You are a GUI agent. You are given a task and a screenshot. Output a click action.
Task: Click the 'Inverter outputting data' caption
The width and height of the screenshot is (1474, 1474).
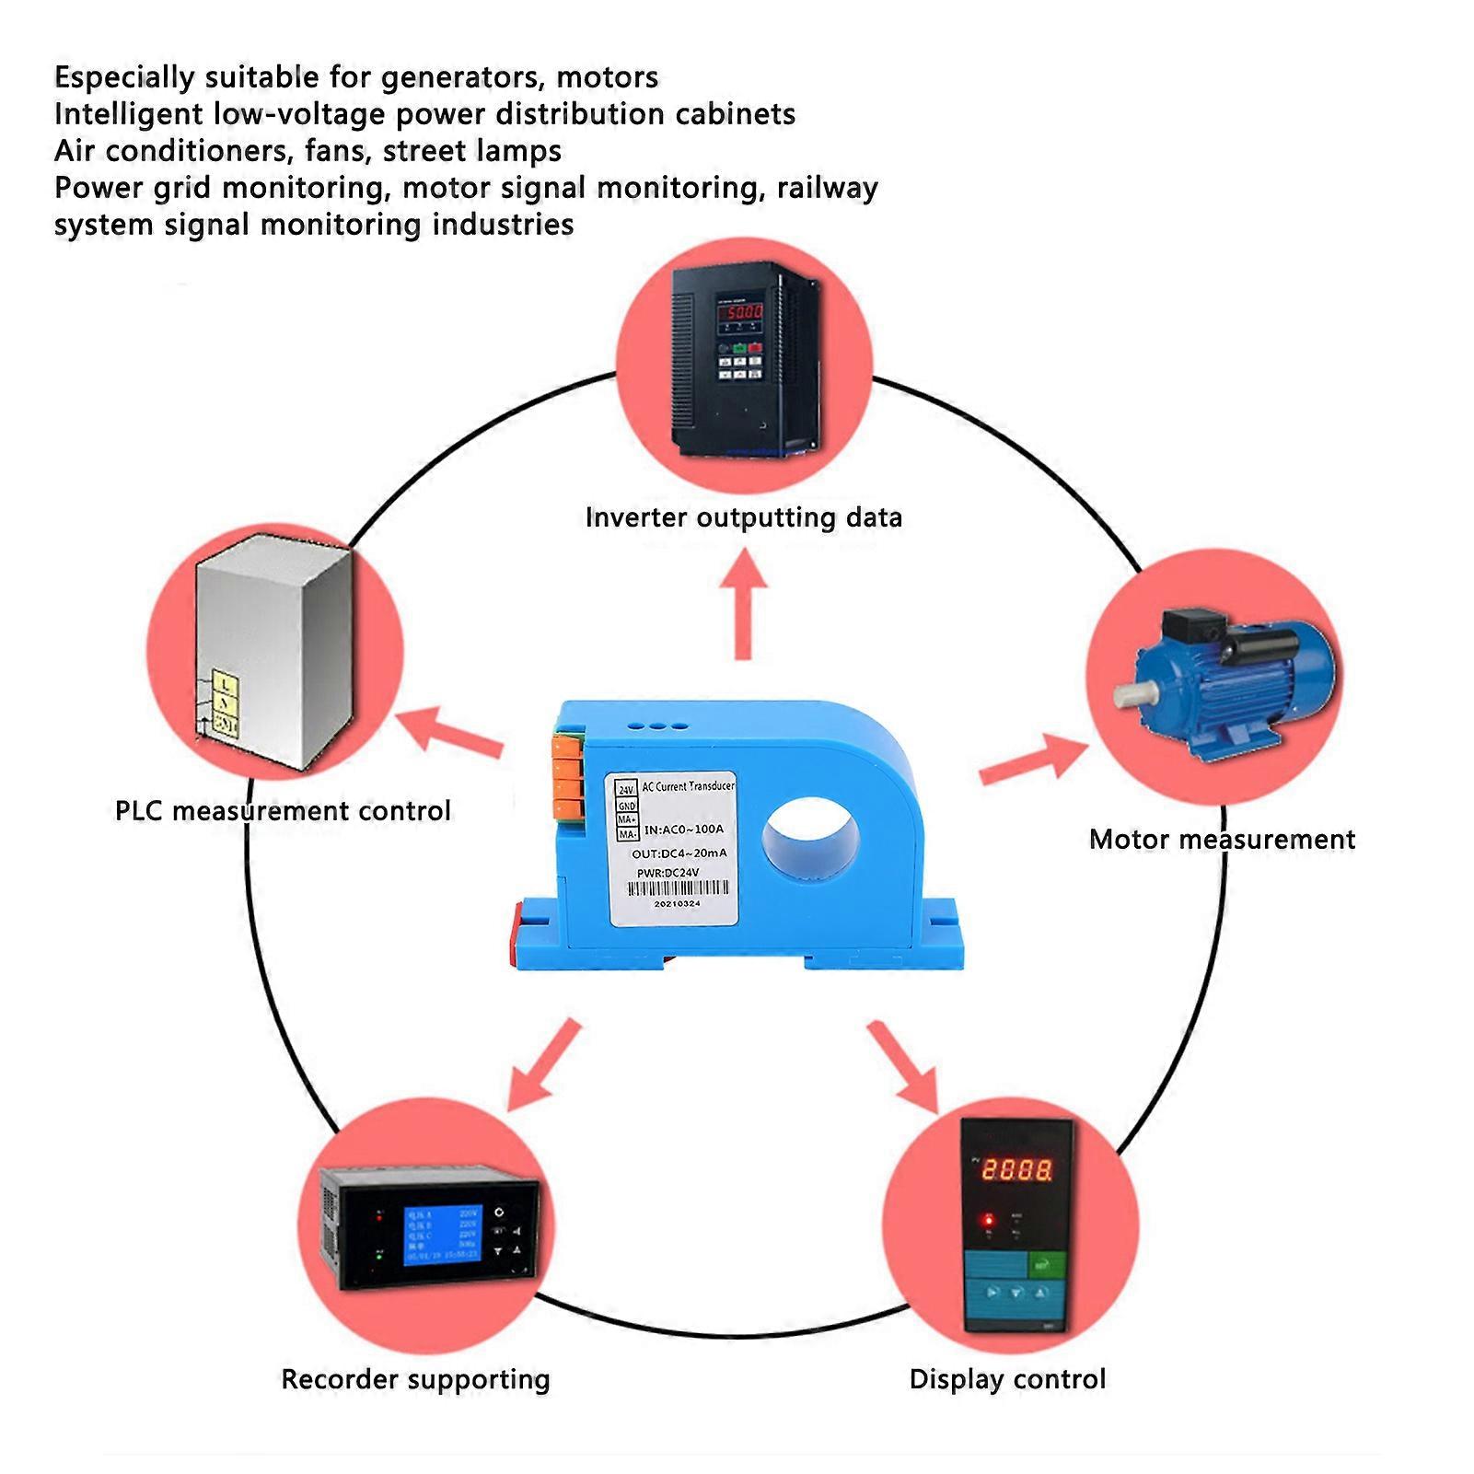pyautogui.click(x=743, y=517)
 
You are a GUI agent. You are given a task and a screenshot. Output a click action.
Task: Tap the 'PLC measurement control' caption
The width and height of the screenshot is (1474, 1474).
pyautogui.click(x=283, y=811)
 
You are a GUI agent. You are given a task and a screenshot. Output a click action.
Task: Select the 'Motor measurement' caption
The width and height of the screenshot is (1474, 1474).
pyautogui.click(x=1222, y=840)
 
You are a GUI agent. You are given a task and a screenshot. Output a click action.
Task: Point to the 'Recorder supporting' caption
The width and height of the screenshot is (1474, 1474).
pyautogui.click(x=415, y=1379)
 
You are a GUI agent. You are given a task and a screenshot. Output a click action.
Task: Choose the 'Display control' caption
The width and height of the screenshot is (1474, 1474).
pyautogui.click(x=1007, y=1379)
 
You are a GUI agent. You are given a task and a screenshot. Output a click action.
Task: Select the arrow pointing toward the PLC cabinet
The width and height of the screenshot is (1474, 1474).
pyautogui.click(x=451, y=733)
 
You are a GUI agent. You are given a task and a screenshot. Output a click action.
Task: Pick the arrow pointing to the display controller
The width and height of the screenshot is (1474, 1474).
pyautogui.click(x=903, y=1064)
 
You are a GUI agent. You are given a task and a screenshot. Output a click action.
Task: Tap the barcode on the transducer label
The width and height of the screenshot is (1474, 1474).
pyautogui.click(x=678, y=888)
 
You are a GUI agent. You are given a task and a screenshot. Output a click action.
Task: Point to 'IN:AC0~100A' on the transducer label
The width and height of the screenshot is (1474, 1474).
pyautogui.click(x=683, y=830)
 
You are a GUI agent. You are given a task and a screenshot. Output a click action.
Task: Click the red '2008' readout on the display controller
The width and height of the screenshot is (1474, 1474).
pyautogui.click(x=1016, y=1170)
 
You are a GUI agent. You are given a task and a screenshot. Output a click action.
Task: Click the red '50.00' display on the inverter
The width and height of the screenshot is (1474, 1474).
pyautogui.click(x=741, y=312)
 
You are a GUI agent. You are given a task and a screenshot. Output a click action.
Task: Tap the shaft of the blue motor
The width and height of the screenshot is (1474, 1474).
pyautogui.click(x=1127, y=695)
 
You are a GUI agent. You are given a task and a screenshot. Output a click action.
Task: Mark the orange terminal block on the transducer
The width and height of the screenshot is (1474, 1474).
pyautogui.click(x=569, y=774)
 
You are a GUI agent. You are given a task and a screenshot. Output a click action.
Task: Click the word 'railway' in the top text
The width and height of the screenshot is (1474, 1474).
pyautogui.click(x=827, y=188)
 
